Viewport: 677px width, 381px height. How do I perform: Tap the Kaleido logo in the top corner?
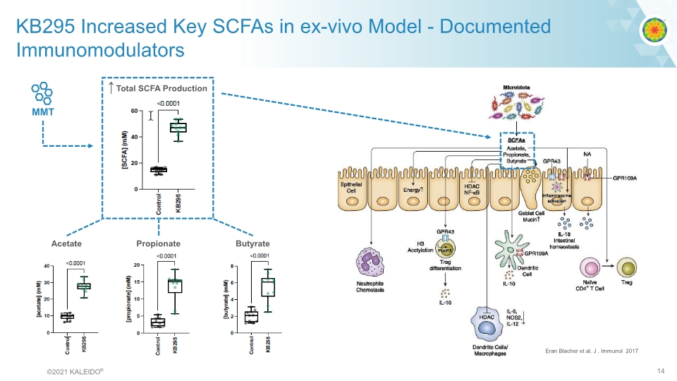[654, 29]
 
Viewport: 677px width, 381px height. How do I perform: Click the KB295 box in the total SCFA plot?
[178, 127]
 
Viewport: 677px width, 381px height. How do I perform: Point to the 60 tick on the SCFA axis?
[134, 111]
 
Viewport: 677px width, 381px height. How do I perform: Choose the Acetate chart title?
[66, 243]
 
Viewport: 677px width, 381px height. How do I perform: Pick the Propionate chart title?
[158, 243]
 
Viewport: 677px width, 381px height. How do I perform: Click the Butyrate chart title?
[252, 243]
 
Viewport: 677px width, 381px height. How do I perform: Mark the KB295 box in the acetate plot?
[84, 286]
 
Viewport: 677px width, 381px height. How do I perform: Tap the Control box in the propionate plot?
[158, 322]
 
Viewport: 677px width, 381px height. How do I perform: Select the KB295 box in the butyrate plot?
[268, 286]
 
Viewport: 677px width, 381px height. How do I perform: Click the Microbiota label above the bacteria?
[517, 87]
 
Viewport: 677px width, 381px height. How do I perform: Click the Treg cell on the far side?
[626, 267]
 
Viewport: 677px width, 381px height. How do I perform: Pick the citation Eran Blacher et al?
[592, 351]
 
